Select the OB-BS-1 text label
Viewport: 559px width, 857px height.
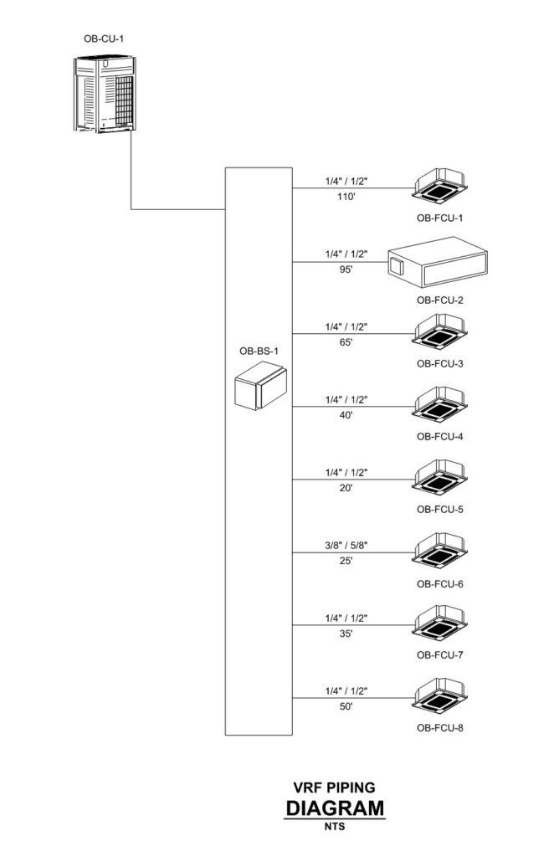[x=259, y=351]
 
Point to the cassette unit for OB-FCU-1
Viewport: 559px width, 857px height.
[x=440, y=187]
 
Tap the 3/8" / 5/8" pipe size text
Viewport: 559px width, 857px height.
[x=346, y=546]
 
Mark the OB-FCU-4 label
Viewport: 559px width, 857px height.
[x=440, y=436]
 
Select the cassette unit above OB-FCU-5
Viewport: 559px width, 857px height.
[x=440, y=479]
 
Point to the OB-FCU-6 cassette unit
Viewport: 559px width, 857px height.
[x=440, y=552]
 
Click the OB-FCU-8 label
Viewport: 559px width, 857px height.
[x=440, y=727]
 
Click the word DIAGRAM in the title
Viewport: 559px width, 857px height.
[x=335, y=808]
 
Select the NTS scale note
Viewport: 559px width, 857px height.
[x=335, y=828]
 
